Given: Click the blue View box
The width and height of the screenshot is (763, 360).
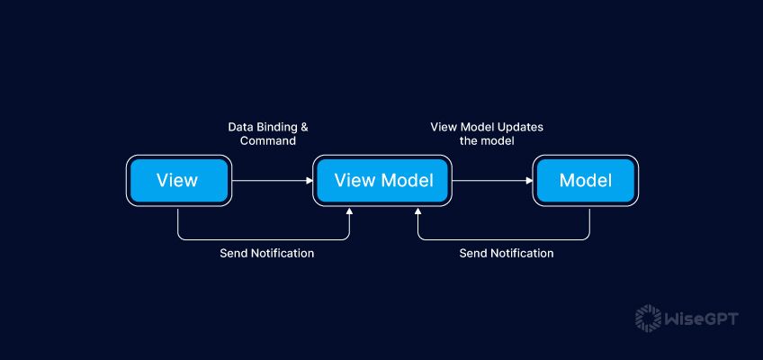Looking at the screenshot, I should (177, 180).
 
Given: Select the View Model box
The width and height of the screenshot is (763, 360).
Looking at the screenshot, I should (383, 180).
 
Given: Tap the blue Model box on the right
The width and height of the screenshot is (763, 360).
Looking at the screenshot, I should (585, 180).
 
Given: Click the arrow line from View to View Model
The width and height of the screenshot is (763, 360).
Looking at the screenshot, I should (270, 180).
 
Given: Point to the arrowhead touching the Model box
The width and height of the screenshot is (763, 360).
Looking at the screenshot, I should (529, 180).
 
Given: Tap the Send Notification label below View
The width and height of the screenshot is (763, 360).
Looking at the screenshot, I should (266, 253).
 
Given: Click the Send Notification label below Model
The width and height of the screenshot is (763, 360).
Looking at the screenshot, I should (506, 253).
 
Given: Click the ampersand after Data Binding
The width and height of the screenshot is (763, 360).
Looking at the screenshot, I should (303, 127).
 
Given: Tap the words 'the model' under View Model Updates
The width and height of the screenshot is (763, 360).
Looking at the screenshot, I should (486, 141).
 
